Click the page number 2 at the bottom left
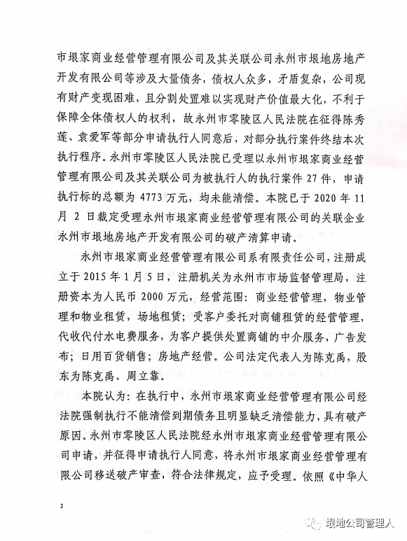pyautogui.click(x=62, y=504)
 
